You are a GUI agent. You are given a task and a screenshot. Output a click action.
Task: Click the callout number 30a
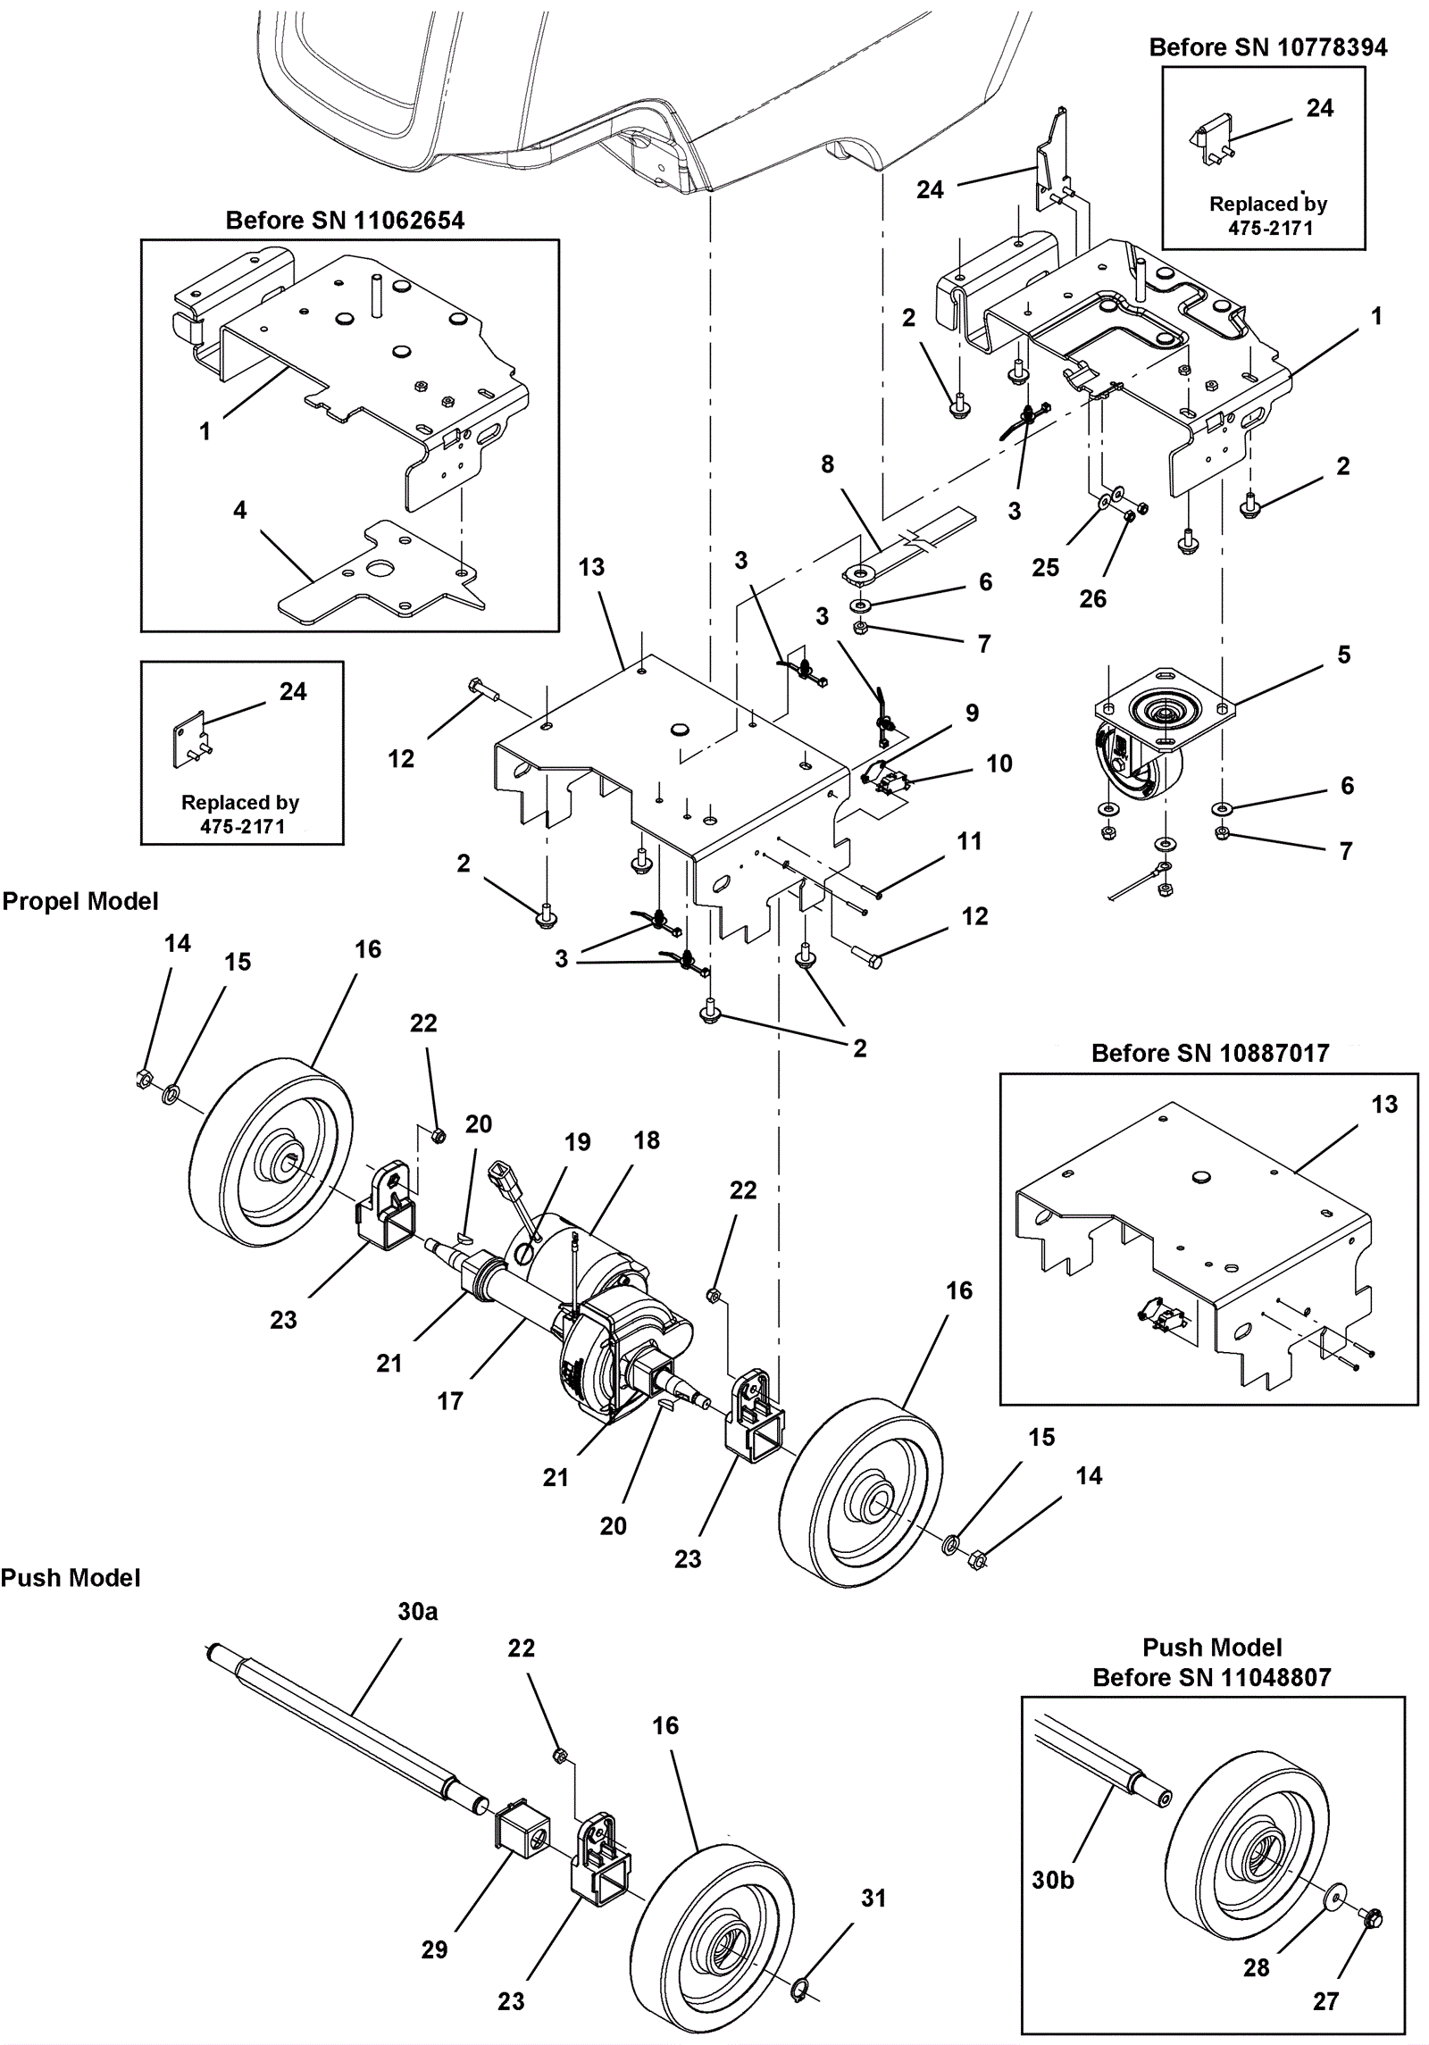pyautogui.click(x=417, y=1612)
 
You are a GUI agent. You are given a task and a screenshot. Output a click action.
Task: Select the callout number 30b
pyautogui.click(x=1053, y=1880)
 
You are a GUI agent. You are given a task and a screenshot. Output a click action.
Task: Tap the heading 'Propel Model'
pyautogui.click(x=80, y=901)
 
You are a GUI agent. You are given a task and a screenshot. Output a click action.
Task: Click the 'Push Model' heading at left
pyautogui.click(x=71, y=1578)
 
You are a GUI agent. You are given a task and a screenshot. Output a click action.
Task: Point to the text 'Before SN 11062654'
pyautogui.click(x=345, y=221)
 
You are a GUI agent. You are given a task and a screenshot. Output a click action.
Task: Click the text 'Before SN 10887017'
pyautogui.click(x=1210, y=1053)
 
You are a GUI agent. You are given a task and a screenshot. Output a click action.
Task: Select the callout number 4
pyautogui.click(x=239, y=510)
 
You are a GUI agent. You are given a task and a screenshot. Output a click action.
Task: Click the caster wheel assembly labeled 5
pyautogui.click(x=1152, y=741)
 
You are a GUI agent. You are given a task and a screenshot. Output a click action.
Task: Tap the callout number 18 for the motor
pyautogui.click(x=647, y=1140)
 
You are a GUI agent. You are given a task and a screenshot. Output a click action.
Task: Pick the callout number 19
pyautogui.click(x=577, y=1142)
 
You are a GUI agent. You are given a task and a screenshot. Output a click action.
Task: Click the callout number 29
pyautogui.click(x=434, y=1949)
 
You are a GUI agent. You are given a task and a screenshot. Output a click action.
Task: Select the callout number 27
pyautogui.click(x=1325, y=2001)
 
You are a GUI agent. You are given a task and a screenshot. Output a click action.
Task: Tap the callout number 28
pyautogui.click(x=1256, y=1967)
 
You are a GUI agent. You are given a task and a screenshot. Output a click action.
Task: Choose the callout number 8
pyautogui.click(x=827, y=464)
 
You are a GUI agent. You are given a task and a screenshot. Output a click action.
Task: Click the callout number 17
pyautogui.click(x=449, y=1401)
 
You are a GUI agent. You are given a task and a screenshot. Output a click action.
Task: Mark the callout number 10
pyautogui.click(x=999, y=764)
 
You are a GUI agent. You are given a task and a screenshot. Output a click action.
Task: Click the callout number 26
pyautogui.click(x=1092, y=598)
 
